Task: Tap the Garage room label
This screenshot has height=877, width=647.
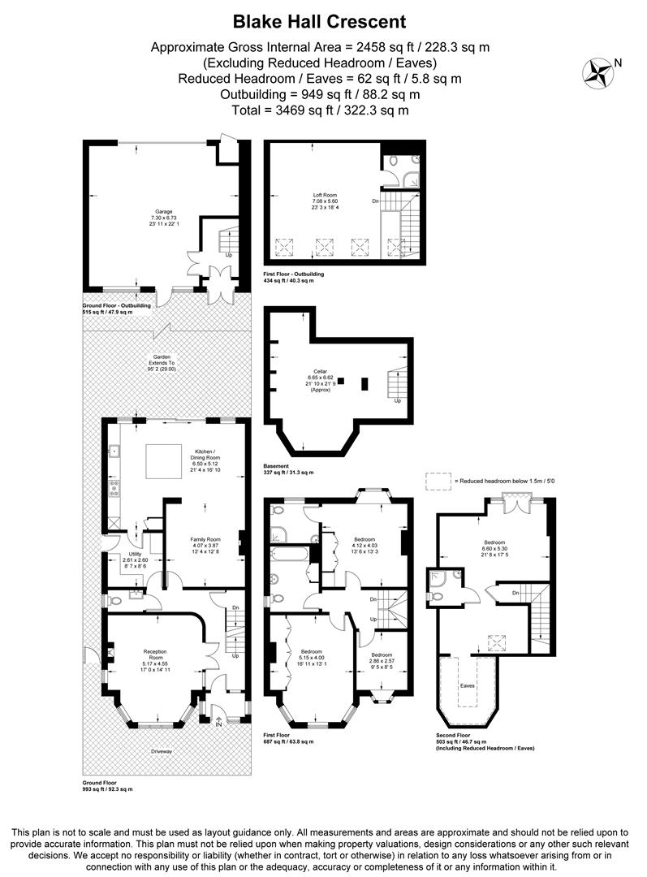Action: [x=165, y=214]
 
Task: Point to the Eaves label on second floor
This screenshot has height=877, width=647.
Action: [x=466, y=685]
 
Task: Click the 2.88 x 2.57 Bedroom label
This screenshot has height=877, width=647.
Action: [x=381, y=660]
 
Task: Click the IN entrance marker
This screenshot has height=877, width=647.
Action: [x=218, y=724]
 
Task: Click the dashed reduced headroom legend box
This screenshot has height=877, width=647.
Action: [x=438, y=481]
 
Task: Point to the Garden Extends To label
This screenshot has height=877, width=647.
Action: [x=162, y=363]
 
